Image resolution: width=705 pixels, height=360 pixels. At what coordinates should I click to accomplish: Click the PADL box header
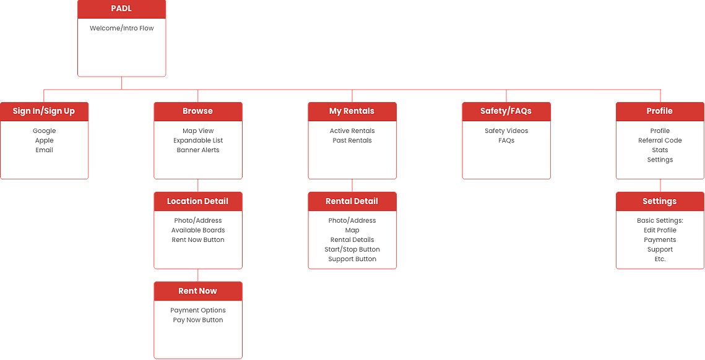point(121,9)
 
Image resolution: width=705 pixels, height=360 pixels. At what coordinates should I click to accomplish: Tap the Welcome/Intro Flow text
point(121,28)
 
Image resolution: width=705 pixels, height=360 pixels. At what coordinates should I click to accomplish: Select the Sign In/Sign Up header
point(44,111)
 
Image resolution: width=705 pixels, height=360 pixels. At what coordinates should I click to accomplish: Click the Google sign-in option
point(44,131)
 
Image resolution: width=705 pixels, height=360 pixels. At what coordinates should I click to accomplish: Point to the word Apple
point(44,140)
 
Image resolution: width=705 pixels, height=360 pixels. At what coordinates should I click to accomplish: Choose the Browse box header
point(198,111)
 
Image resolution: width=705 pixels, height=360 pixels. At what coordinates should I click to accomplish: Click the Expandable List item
point(198,140)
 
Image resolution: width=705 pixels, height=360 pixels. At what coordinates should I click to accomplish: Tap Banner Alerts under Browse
point(198,150)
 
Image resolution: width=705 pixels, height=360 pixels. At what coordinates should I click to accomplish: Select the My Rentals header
point(352,111)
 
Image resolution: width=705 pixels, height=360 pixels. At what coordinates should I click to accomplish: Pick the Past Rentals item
point(352,140)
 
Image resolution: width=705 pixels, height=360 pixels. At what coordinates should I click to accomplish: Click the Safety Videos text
point(506,131)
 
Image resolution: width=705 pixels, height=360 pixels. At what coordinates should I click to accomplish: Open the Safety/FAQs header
point(506,111)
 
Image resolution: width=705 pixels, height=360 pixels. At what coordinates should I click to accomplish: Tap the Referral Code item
point(660,140)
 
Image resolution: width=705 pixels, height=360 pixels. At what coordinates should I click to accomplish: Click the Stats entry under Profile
point(660,150)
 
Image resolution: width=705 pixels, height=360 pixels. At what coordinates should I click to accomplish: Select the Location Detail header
point(198,202)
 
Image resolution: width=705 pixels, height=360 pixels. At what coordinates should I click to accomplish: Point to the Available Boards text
point(198,230)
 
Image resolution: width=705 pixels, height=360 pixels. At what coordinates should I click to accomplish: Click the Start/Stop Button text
point(352,249)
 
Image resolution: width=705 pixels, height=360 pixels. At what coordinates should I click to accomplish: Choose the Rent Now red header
point(198,291)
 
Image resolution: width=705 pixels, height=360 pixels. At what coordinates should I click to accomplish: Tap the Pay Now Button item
point(198,320)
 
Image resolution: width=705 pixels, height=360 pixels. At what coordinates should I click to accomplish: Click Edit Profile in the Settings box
point(660,230)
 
